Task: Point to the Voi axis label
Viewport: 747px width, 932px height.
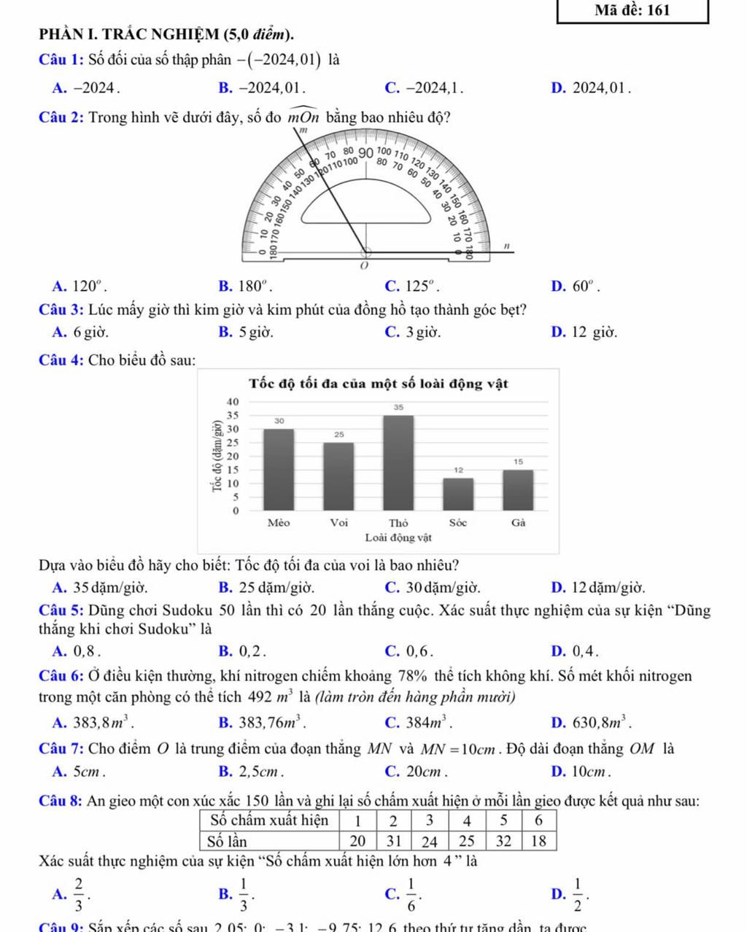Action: point(338,523)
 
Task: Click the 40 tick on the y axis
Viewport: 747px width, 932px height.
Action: point(233,402)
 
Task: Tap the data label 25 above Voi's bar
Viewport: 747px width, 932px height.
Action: point(338,434)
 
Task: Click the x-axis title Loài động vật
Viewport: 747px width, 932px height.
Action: point(398,537)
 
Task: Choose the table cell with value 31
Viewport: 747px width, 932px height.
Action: point(394,841)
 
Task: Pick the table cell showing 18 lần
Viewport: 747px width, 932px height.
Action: point(539,841)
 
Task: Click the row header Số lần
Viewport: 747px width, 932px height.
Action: point(225,841)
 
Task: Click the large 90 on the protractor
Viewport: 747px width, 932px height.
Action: point(366,153)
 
